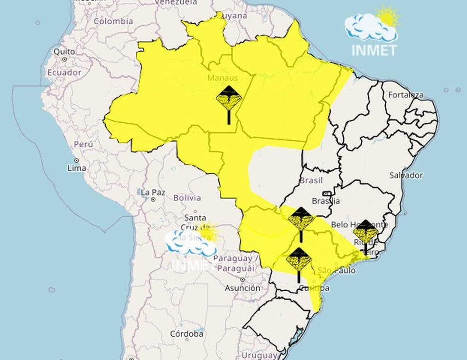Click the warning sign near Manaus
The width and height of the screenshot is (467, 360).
click(229, 99)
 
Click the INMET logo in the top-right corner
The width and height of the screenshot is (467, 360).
click(374, 31)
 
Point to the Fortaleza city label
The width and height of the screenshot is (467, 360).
click(406, 95)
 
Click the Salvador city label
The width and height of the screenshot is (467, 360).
click(406, 175)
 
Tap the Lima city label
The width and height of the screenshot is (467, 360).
click(77, 168)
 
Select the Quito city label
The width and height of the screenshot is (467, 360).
click(64, 51)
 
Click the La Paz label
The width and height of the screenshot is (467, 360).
click(152, 192)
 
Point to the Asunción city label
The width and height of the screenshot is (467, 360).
click(243, 288)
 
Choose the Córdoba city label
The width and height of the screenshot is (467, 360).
click(187, 334)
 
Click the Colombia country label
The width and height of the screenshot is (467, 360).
click(113, 21)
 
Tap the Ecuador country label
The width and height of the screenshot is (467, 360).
click(64, 73)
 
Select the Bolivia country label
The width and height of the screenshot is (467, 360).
click(187, 198)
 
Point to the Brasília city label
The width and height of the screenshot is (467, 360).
click(327, 201)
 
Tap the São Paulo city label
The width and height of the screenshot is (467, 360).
click(336, 270)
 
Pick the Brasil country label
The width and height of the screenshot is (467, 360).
click(311, 180)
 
